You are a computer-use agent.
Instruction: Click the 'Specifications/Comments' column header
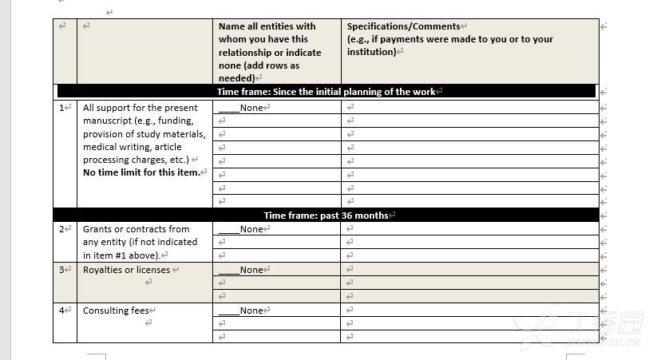point(403,26)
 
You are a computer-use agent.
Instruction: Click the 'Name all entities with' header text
point(267,26)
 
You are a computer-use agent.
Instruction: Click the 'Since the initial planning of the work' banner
point(326,92)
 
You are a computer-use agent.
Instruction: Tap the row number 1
point(62,108)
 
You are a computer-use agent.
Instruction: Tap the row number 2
point(62,229)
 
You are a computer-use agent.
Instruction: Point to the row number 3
point(62,270)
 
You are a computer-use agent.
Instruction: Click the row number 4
point(62,311)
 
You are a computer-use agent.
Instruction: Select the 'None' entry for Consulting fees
point(251,311)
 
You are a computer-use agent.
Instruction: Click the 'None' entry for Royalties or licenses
point(251,270)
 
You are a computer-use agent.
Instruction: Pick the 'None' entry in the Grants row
point(251,229)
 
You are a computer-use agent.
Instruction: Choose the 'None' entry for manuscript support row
point(251,108)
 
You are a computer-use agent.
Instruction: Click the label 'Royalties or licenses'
point(126,270)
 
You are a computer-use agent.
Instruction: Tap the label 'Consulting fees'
point(116,311)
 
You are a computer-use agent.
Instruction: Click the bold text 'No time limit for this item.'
point(140,173)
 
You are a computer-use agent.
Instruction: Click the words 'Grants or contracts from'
point(136,229)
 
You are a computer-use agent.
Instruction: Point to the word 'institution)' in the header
point(371,52)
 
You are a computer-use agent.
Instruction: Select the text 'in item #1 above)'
point(121,255)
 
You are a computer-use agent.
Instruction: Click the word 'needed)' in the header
point(236,78)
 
